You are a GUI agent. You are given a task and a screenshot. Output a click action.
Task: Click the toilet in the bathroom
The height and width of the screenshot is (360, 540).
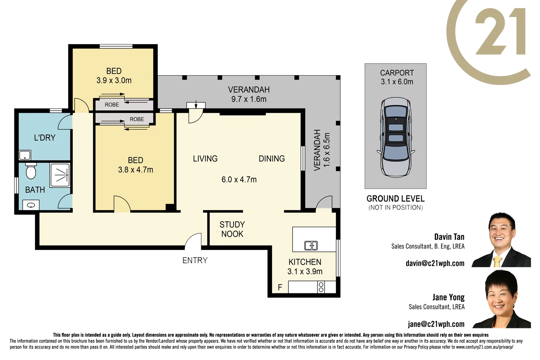(31, 171)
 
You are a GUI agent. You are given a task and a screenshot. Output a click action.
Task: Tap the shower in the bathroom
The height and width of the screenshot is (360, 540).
(60, 175)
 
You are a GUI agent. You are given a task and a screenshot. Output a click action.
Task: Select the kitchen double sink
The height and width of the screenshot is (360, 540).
(311, 246)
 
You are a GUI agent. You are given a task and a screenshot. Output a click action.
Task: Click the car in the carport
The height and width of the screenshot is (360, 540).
(396, 137)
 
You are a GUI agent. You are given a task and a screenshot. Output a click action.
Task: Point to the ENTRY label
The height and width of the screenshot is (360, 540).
(195, 260)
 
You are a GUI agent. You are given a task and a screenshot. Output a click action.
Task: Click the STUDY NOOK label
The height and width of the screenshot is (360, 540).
(232, 229)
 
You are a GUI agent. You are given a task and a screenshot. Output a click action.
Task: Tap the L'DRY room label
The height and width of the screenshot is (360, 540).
(45, 138)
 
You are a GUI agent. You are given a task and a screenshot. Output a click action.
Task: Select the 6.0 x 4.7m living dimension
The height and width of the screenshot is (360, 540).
(239, 179)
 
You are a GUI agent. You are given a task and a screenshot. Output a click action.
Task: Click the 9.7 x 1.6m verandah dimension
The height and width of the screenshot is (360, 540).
(249, 99)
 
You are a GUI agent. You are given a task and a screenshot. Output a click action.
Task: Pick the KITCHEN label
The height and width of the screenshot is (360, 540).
(305, 262)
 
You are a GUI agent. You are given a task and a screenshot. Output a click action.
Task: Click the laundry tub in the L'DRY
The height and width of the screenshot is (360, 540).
(25, 156)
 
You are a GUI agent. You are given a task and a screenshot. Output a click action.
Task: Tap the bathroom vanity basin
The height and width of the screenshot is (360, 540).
(31, 205)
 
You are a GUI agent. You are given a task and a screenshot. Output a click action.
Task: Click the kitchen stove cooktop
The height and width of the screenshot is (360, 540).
(321, 287)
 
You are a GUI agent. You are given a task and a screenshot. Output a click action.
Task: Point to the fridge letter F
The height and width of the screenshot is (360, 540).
(280, 287)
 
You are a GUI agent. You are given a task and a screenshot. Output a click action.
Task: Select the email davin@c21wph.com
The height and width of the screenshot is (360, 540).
(435, 263)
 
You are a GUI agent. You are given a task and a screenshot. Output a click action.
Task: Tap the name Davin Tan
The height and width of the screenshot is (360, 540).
(449, 237)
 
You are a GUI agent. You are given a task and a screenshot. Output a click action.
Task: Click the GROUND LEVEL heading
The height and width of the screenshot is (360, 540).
(395, 199)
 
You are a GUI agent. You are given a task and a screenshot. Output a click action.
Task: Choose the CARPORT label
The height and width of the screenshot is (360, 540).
(397, 73)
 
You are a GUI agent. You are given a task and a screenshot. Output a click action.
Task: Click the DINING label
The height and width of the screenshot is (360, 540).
(271, 159)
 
